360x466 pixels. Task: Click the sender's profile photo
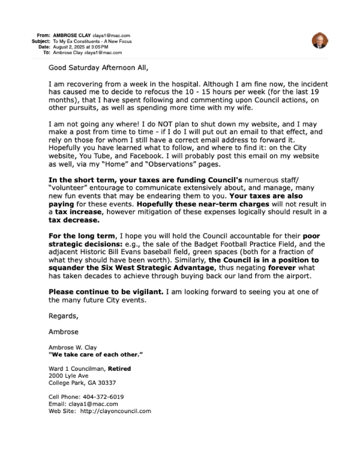point(320,41)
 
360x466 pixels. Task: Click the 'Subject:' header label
point(41,41)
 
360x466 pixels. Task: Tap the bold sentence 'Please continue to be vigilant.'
point(106,292)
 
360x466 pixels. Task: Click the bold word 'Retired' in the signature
point(120,369)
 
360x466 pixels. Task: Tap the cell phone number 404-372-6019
point(104,397)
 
